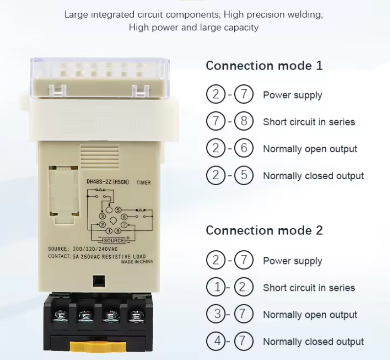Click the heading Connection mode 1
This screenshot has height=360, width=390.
point(264,66)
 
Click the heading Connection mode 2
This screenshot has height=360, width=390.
point(264,231)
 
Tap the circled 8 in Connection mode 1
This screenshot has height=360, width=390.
point(244,121)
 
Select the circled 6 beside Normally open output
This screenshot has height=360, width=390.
point(244,148)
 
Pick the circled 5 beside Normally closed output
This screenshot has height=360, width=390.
point(244,175)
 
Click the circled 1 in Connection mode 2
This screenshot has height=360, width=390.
point(216,287)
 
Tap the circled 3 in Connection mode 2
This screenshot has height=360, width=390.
point(216,314)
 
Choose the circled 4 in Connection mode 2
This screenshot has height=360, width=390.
point(216,341)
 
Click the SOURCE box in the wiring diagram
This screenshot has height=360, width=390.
point(114,240)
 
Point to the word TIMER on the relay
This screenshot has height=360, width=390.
point(144,183)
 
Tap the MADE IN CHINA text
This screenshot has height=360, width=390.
point(137,262)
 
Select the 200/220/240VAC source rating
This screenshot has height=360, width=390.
point(95,249)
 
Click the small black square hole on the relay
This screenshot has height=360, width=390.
point(99,281)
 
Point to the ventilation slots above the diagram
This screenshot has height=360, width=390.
point(99,157)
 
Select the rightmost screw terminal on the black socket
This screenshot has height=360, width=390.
point(136,316)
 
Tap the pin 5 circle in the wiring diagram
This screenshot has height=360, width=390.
point(118,210)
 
